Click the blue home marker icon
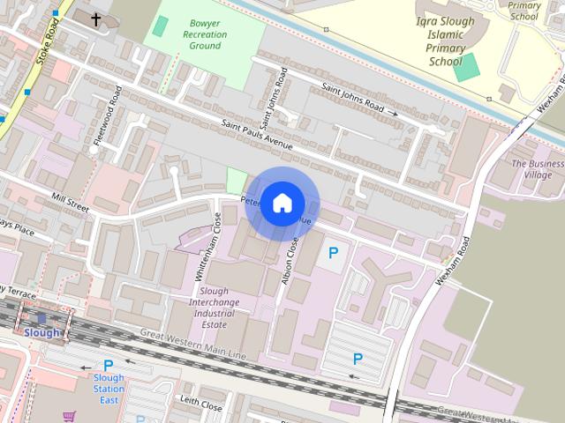coord(282,204)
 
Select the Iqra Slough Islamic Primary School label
coord(445,41)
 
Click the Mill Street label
coord(72,204)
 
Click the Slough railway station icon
coord(41,319)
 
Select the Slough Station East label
coord(109,389)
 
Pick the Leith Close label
coord(200,405)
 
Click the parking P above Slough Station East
coord(109,365)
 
